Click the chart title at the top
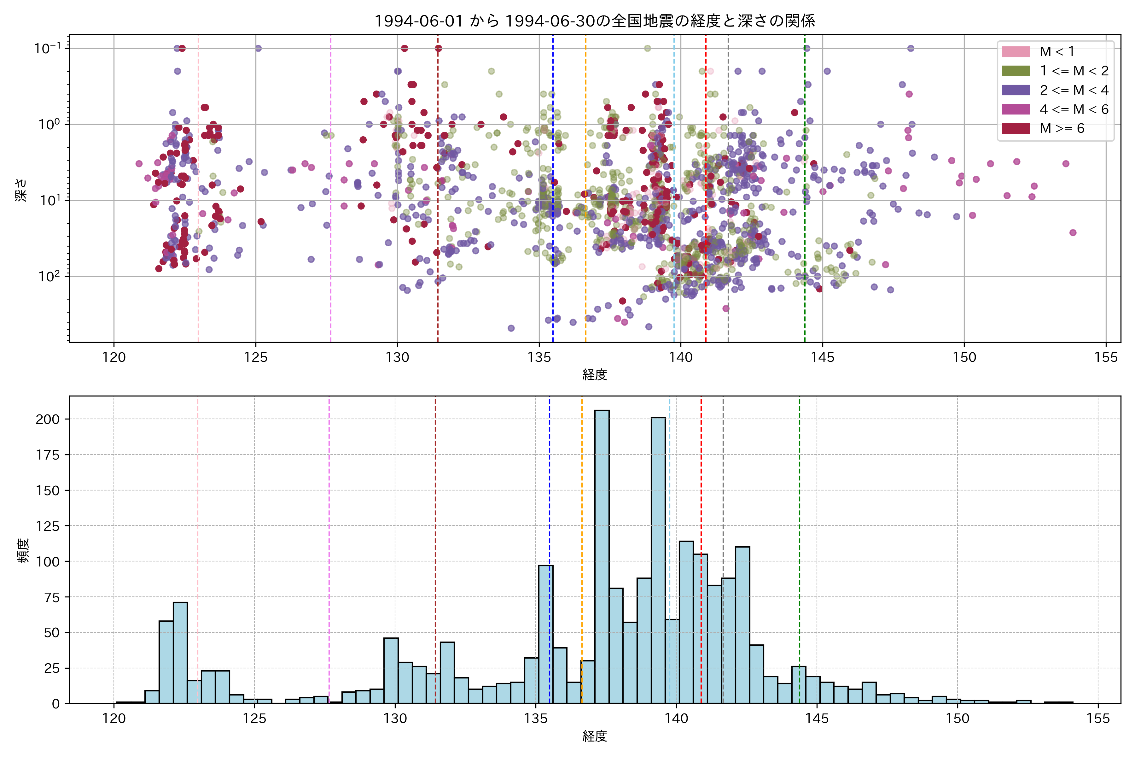coord(595,21)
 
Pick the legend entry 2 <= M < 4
coord(1074,90)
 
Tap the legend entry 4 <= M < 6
coord(1074,109)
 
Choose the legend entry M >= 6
coord(1062,128)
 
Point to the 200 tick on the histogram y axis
coord(47,419)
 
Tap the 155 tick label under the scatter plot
coord(1106,358)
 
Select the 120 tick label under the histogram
coord(114,719)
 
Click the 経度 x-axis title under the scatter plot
coord(595,375)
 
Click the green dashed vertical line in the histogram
coord(799,531)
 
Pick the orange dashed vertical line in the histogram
coord(581,531)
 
